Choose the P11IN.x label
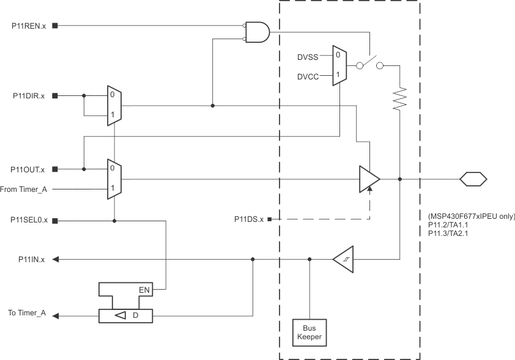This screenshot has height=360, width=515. [31, 260]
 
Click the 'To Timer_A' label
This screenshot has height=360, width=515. [28, 313]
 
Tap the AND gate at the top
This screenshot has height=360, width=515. [257, 32]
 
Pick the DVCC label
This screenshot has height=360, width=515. [308, 76]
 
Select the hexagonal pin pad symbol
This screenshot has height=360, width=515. [473, 179]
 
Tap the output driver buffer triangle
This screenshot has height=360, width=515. [369, 179]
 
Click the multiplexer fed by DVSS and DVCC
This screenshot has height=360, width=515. [338, 65]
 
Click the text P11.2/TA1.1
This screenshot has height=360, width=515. [442, 225]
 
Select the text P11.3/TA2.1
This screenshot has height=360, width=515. [442, 233]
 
